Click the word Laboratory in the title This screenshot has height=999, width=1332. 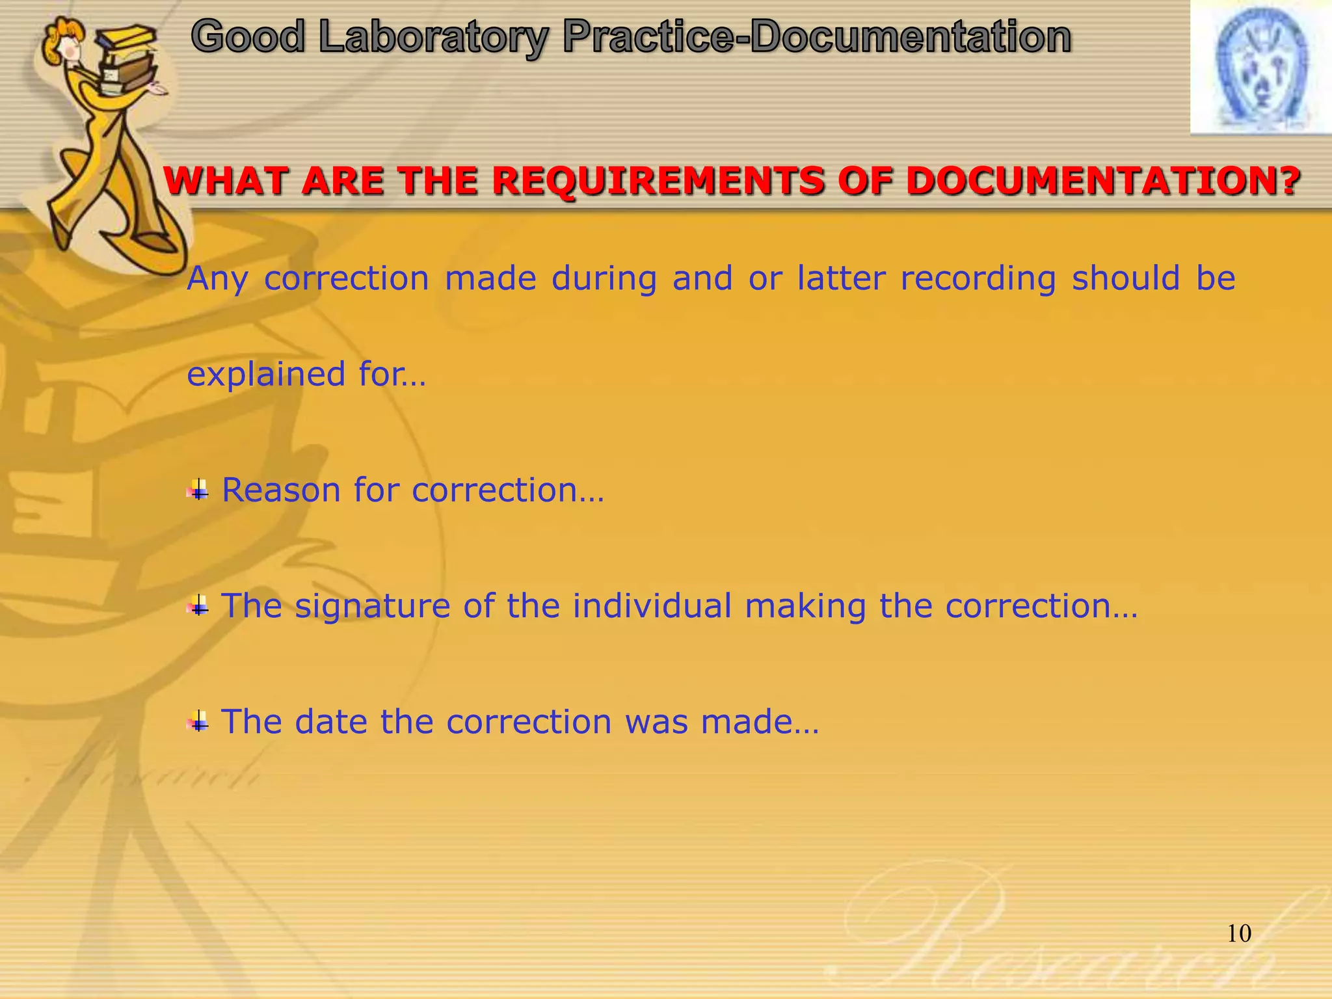pyautogui.click(x=434, y=37)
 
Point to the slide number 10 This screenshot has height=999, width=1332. pyautogui.click(x=1239, y=934)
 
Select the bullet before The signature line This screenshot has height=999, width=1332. pyautogui.click(x=198, y=606)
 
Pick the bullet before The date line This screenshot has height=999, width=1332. pyautogui.click(x=198, y=722)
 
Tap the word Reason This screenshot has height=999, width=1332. pyautogui.click(x=281, y=490)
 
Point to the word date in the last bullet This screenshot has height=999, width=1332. pyautogui.click(x=331, y=722)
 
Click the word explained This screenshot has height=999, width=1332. pyautogui.click(x=266, y=375)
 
